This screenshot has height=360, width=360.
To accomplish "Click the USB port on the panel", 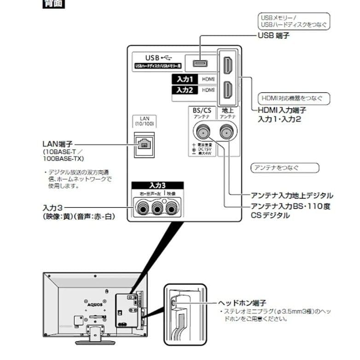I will [200, 63].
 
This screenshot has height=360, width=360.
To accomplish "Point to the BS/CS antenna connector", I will [202, 134].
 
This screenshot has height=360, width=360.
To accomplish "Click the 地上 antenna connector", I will [226, 134].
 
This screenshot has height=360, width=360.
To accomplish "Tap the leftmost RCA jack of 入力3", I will [141, 209].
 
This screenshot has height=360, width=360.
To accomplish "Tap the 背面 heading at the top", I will [53, 5].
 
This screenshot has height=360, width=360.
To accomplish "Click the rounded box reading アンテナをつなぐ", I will [285, 168].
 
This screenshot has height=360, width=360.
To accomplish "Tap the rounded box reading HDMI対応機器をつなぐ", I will [293, 98].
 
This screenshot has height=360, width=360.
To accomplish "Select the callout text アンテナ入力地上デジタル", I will [292, 196].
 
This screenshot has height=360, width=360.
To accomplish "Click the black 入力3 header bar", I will [157, 186].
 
